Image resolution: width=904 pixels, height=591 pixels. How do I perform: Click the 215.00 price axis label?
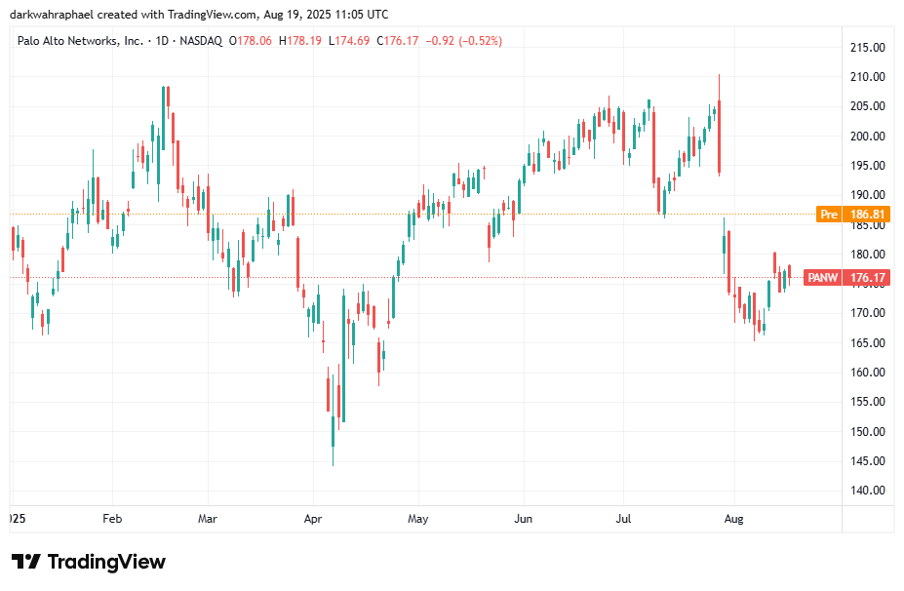(866, 47)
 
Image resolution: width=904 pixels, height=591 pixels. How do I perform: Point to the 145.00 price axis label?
(866, 461)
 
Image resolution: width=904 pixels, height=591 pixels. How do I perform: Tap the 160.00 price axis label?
(866, 373)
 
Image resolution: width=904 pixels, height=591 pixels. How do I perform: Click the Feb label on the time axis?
(112, 519)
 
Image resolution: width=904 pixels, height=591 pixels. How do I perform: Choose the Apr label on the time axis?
(312, 519)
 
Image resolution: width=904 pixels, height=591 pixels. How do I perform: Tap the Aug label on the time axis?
(733, 519)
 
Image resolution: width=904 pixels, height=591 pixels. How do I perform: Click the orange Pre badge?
(829, 214)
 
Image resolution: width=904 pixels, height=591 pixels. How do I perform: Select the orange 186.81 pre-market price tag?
(867, 214)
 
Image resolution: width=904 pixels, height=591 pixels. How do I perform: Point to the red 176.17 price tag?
(867, 278)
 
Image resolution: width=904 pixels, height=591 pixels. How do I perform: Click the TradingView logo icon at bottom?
(26, 562)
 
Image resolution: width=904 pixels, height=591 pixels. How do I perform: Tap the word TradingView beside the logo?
(106, 562)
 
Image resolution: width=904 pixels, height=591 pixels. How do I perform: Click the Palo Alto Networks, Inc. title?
(81, 40)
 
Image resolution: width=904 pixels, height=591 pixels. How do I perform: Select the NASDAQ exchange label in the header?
(201, 40)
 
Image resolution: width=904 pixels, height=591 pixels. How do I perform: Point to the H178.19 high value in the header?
(300, 40)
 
